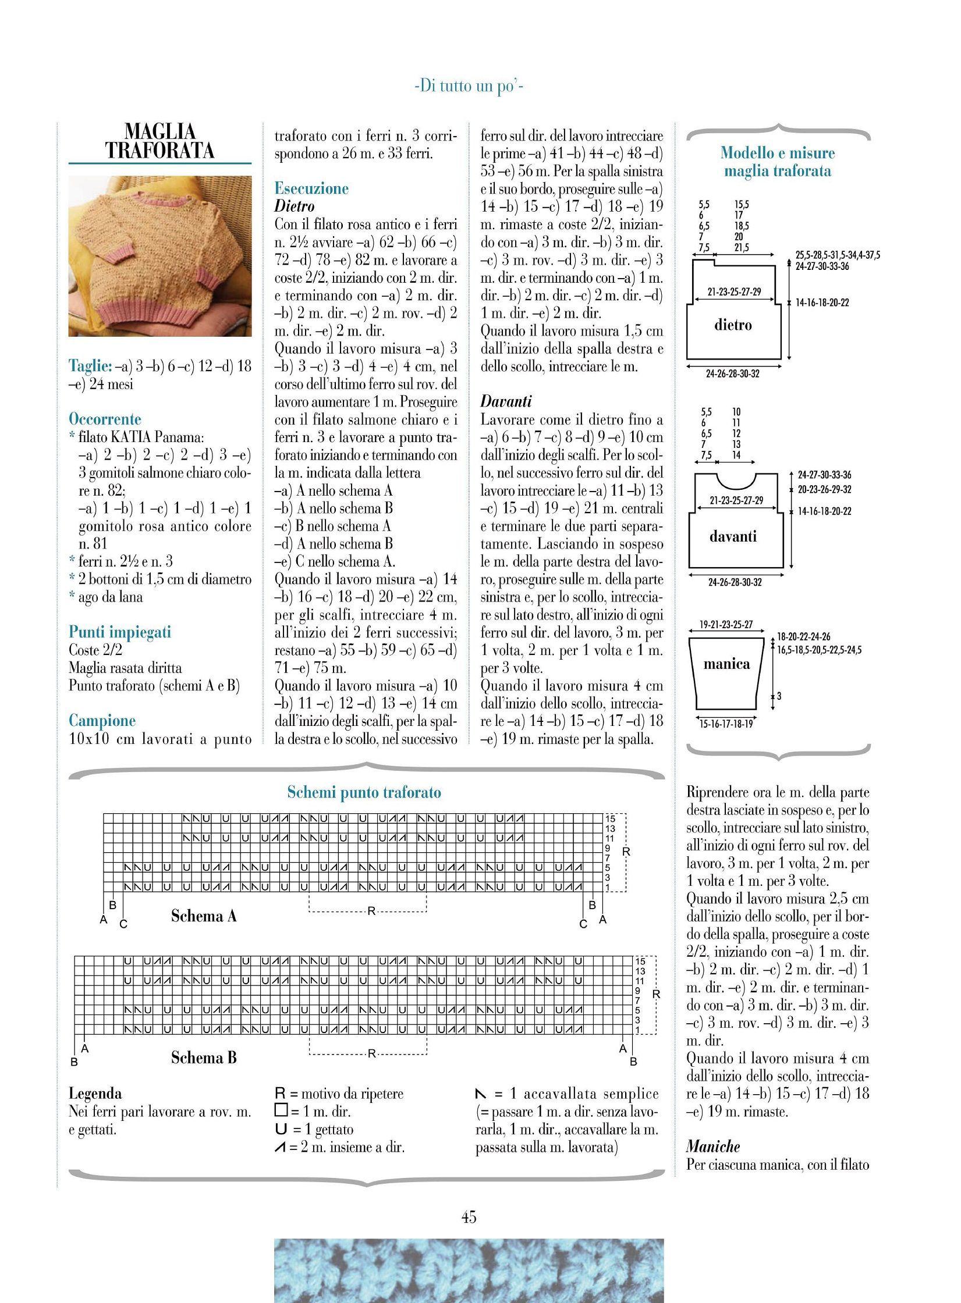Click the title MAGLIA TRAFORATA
tap(160, 141)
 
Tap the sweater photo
tap(160, 256)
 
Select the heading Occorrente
tap(105, 419)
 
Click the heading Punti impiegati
tap(120, 632)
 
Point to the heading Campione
tap(102, 721)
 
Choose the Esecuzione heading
tap(311, 188)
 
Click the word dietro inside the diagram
tap(733, 325)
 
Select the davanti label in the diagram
tap(733, 536)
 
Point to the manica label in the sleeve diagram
tap(726, 664)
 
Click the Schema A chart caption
tap(204, 916)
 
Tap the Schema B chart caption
tap(204, 1058)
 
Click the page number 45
tap(469, 1217)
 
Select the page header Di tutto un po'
tap(469, 87)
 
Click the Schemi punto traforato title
tap(364, 792)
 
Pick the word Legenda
tap(95, 1094)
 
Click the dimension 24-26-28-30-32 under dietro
tap(733, 374)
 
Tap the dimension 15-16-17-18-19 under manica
tap(726, 724)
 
